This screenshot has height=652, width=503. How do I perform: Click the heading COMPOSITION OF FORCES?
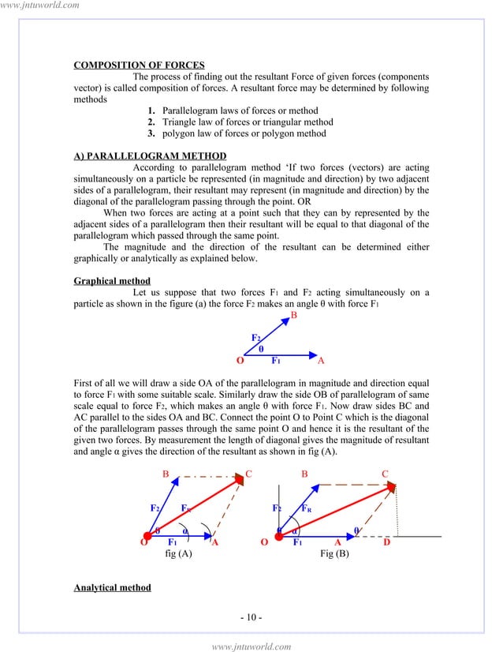(139, 65)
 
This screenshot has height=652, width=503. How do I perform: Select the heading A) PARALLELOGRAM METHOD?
(150, 156)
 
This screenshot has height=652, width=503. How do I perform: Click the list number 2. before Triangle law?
(150, 122)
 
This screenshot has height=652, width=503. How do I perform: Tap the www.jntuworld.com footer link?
(251, 646)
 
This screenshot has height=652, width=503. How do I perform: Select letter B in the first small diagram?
(294, 315)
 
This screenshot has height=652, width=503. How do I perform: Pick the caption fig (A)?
(178, 555)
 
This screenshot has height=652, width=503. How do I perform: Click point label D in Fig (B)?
(386, 543)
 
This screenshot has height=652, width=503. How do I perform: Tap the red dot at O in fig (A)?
(148, 537)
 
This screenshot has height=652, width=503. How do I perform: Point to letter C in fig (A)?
(248, 474)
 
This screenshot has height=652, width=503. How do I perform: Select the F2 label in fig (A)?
(156, 508)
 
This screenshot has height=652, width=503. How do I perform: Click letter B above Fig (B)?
(304, 474)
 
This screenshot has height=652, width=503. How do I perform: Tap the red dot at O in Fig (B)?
(280, 537)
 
